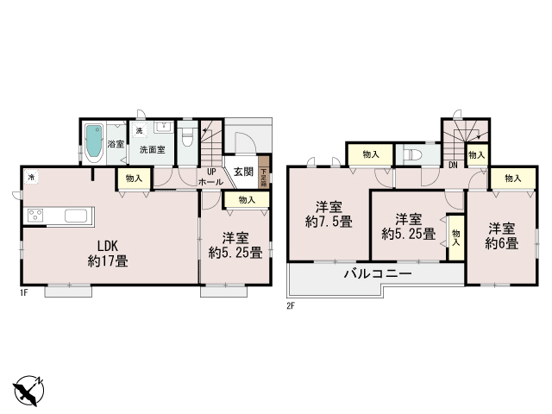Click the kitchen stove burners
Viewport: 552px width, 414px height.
tap(36, 215)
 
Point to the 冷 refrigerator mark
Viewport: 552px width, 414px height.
tap(31, 177)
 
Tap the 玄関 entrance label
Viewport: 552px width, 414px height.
tap(243, 172)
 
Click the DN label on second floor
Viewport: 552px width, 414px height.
tap(453, 166)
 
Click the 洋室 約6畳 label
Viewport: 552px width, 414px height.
tap(503, 235)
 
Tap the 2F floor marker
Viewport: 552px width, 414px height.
tap(292, 304)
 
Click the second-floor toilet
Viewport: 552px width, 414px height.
tap(412, 155)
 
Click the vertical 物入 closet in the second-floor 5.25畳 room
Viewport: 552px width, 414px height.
tap(455, 234)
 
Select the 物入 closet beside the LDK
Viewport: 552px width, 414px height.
tap(134, 179)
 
